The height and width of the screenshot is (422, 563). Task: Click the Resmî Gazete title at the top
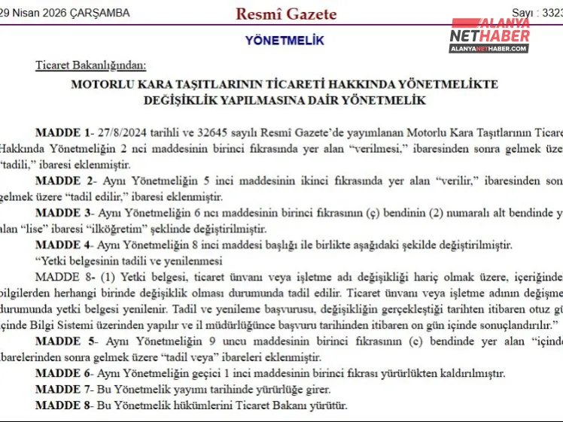tap(286, 14)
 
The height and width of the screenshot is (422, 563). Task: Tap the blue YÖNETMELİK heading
tap(285, 41)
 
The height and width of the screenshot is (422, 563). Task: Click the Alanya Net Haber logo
tap(490, 35)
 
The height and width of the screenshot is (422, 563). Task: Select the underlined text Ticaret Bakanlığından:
tap(90, 65)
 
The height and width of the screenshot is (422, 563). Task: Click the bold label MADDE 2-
tap(64, 181)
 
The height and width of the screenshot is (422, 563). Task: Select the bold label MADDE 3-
tap(64, 213)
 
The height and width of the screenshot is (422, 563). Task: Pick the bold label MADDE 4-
tap(64, 245)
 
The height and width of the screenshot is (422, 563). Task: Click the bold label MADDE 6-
tap(64, 374)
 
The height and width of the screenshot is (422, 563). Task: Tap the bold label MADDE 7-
tap(63, 390)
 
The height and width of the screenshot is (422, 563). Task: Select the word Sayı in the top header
tap(522, 13)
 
